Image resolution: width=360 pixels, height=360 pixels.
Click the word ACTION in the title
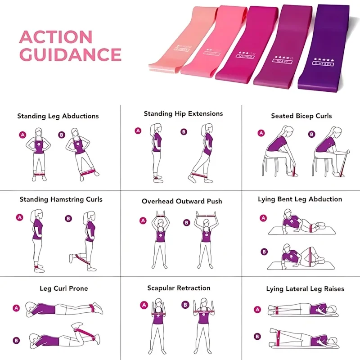click(x=56, y=37)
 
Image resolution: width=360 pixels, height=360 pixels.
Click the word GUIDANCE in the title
click(x=71, y=55)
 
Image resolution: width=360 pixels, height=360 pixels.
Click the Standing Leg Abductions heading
click(x=58, y=116)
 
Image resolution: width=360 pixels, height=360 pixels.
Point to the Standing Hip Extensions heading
click(x=183, y=114)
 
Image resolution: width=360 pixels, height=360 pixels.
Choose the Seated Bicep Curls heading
click(x=301, y=116)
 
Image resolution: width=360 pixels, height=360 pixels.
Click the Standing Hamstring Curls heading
click(x=61, y=199)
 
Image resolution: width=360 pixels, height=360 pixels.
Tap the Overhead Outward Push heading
click(x=182, y=201)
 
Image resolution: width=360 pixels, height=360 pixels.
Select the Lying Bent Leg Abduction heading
click(x=300, y=199)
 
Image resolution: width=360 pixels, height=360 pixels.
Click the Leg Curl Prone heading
click(x=63, y=288)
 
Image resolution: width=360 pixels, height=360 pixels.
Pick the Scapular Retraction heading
click(x=179, y=288)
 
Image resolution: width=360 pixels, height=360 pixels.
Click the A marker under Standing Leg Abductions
click(x=22, y=134)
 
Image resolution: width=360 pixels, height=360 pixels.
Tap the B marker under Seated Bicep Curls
click(x=311, y=134)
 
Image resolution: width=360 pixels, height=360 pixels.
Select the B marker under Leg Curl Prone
click(x=17, y=341)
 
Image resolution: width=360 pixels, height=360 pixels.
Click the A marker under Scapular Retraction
click(x=145, y=305)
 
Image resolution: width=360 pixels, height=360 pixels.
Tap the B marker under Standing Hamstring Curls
click(x=68, y=219)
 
